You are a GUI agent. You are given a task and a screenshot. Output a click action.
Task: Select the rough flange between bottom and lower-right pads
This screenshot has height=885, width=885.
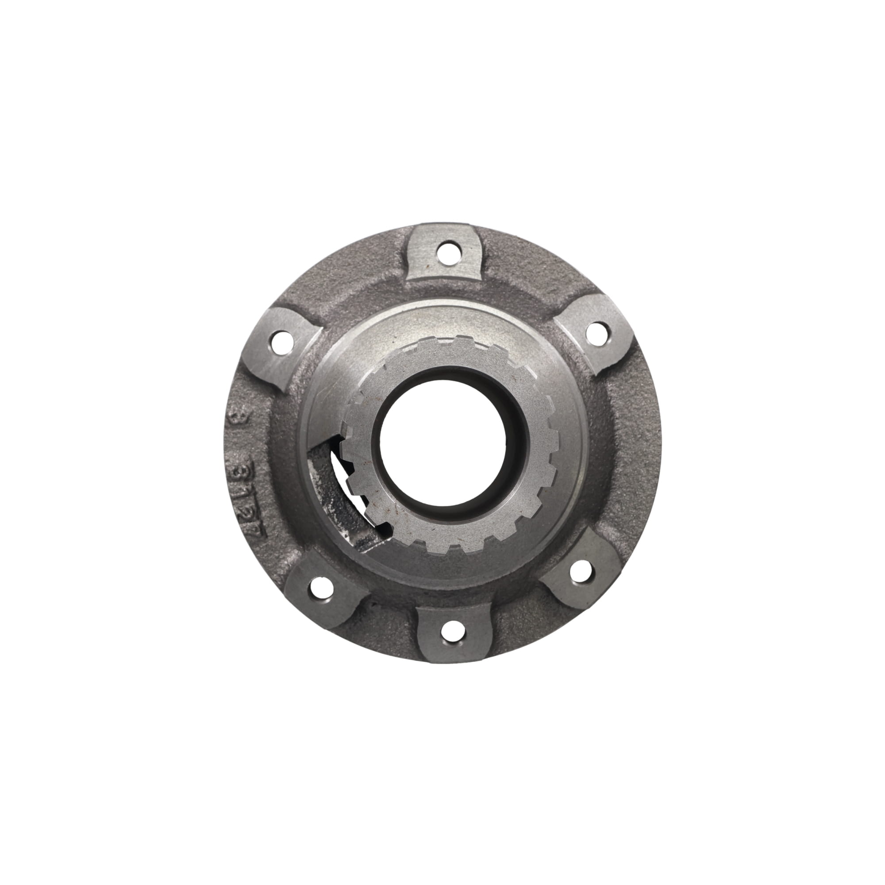(518, 623)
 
